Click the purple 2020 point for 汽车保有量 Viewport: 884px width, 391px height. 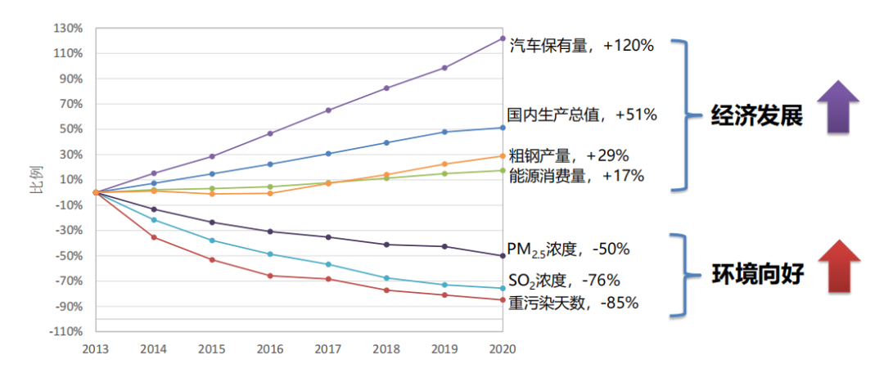502,38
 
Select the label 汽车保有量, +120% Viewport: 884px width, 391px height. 581,46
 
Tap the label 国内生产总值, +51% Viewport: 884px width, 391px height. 581,115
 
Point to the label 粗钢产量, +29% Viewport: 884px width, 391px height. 568,155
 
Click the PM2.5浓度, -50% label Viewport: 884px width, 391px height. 568,249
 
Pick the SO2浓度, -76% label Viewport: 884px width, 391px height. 558,281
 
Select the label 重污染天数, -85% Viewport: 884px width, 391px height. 573,303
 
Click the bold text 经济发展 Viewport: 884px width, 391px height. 756,115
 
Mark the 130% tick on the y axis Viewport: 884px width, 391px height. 69,29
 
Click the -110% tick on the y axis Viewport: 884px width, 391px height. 67,332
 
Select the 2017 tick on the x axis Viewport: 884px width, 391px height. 328,348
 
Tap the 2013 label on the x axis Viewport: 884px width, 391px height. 96,348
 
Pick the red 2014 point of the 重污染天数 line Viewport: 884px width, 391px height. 154,237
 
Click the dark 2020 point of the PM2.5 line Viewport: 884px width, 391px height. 502,256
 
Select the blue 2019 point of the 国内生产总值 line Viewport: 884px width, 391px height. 444,132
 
